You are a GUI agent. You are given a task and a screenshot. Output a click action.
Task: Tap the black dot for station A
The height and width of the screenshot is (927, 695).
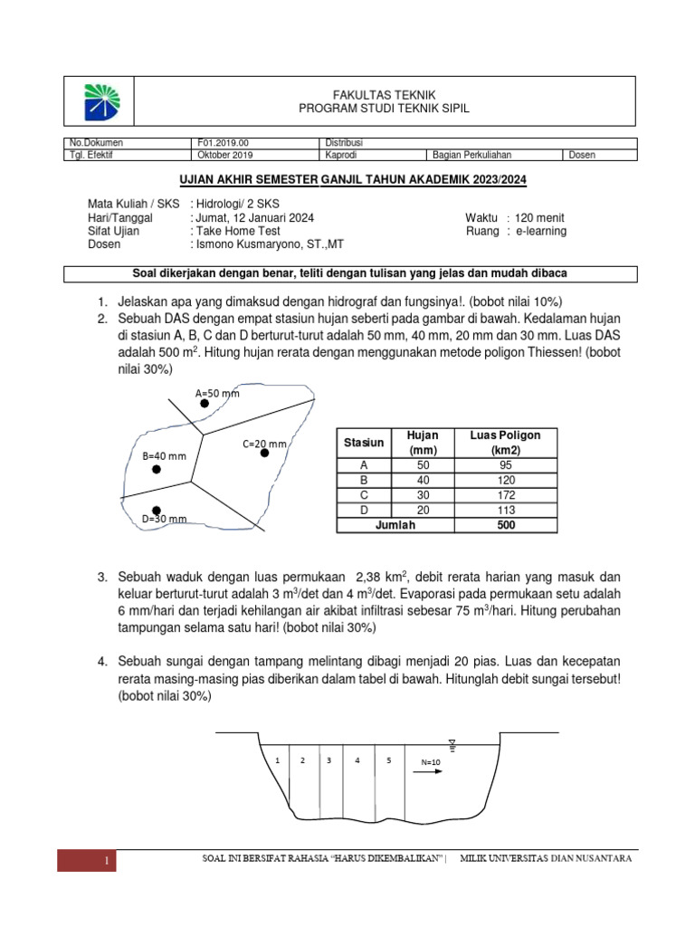(x=205, y=404)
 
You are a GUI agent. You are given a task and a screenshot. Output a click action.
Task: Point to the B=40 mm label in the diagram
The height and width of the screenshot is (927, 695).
(x=164, y=456)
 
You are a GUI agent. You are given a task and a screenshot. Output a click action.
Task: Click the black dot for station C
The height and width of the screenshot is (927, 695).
(x=265, y=453)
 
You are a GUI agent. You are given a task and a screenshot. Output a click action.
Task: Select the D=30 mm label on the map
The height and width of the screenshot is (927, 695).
(x=165, y=519)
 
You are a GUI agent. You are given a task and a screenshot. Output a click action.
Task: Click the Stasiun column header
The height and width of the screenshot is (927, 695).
(x=363, y=443)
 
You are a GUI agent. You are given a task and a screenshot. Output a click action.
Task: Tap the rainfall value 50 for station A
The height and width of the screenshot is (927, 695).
(x=423, y=465)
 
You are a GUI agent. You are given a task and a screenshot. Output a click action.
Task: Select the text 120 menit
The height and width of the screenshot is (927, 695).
(x=539, y=218)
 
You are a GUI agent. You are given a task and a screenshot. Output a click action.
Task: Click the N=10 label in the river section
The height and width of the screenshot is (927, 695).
(x=431, y=762)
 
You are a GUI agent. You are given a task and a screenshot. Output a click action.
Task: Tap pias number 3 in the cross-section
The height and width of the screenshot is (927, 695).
(x=329, y=760)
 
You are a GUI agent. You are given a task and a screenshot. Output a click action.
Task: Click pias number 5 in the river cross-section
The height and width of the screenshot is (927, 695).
(x=389, y=760)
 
